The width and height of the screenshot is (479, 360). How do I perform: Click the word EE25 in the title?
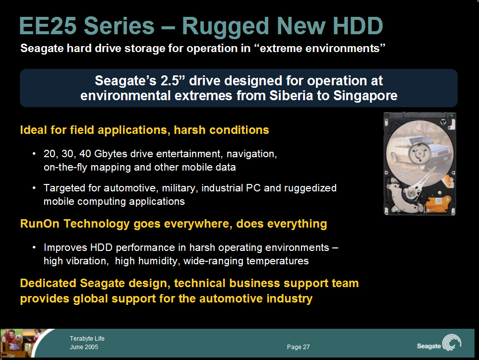48,26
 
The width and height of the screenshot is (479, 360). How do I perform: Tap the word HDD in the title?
358,26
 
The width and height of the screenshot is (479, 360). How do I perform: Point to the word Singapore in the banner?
365,96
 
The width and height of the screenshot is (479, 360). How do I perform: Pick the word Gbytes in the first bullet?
111,154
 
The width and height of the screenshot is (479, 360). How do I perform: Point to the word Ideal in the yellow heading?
34,130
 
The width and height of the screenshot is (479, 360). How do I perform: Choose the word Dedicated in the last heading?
48,283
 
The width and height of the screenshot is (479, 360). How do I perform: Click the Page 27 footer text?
298,347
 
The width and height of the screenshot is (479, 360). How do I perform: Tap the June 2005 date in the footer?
84,347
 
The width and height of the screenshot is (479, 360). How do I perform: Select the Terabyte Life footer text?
87,338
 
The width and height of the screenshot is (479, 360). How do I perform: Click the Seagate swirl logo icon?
452,343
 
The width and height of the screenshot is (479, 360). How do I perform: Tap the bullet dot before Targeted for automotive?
34,187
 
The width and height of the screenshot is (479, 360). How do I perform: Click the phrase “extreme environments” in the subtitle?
322,48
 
